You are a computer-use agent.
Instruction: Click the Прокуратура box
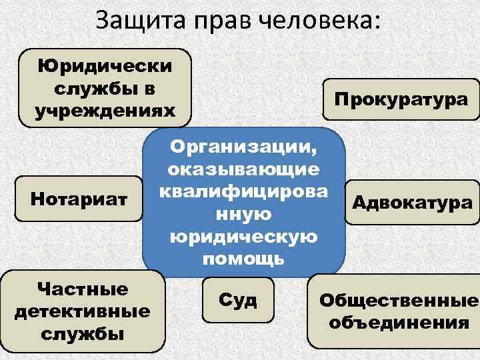[x=401, y=99]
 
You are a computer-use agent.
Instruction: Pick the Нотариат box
[x=79, y=198]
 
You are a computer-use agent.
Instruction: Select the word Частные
[x=83, y=289]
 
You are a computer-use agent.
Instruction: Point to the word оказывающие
[x=245, y=169]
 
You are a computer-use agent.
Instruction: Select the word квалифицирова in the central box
[x=245, y=192]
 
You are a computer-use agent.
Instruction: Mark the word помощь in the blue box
[x=245, y=259]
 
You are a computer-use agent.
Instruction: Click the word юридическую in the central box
[x=245, y=237]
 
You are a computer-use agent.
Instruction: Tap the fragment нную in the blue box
[x=245, y=215]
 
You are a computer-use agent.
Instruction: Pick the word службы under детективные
[x=83, y=333]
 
